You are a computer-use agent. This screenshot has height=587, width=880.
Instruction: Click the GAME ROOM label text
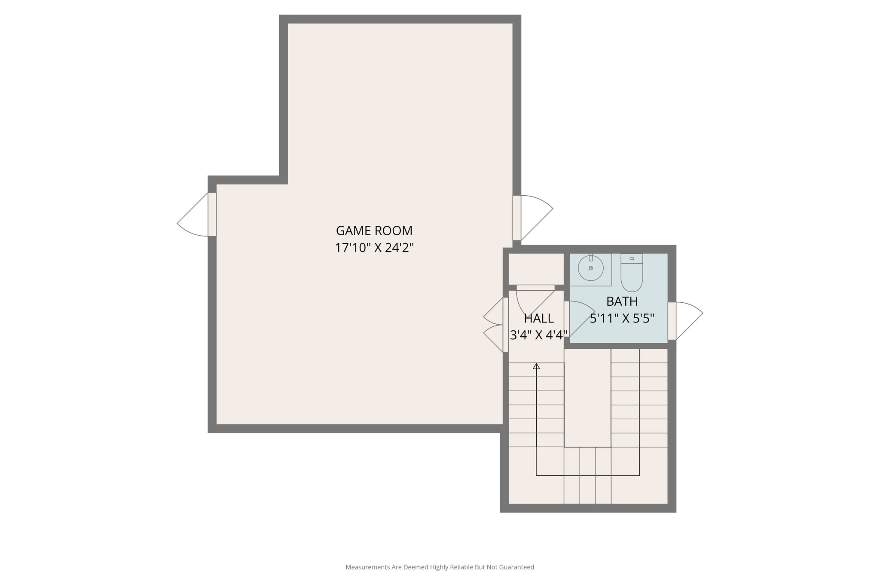click(374, 231)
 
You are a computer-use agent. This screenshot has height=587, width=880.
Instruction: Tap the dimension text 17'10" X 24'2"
click(374, 248)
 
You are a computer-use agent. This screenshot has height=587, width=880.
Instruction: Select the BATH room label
click(622, 301)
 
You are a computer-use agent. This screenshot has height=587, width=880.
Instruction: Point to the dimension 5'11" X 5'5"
click(622, 319)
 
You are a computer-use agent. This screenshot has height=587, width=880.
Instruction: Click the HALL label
click(538, 319)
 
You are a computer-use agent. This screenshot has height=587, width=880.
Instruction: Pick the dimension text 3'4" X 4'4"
click(538, 335)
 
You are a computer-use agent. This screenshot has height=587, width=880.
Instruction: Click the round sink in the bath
click(591, 268)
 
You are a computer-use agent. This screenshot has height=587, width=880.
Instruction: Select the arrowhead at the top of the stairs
click(536, 366)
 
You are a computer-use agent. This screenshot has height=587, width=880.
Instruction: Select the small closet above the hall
click(536, 269)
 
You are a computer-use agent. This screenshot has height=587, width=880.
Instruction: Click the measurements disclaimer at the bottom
click(440, 567)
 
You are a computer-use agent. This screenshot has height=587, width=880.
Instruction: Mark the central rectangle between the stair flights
click(587, 398)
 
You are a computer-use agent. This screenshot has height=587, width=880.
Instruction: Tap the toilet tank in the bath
click(632, 258)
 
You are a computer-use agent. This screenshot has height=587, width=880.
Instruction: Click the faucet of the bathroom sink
click(591, 258)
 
